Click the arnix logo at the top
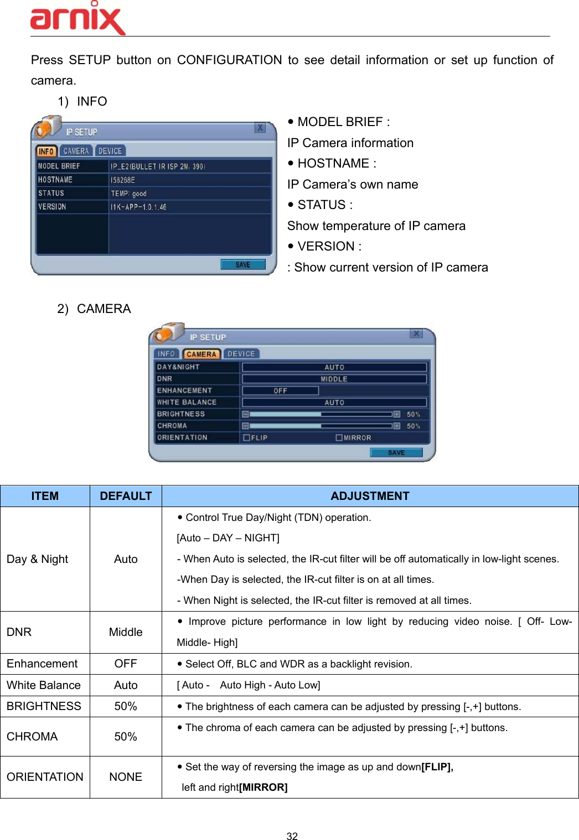point(77,19)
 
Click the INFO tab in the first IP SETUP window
point(46,151)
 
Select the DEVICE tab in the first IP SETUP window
point(110,151)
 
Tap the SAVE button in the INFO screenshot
point(242,265)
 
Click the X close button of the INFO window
point(260,128)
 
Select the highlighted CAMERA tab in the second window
point(201,354)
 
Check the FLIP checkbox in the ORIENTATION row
point(247,437)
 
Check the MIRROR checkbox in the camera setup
point(339,437)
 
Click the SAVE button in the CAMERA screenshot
point(396,452)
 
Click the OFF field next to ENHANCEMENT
point(280,390)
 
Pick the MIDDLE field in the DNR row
point(334,379)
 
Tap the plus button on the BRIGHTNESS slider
point(397,414)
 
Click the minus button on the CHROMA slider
point(245,426)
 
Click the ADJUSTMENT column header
point(370,496)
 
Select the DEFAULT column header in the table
point(126,496)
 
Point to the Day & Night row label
point(37,559)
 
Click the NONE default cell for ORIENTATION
point(126,777)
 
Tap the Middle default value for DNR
point(126,632)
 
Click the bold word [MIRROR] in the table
point(263,787)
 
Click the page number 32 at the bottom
point(292,836)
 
